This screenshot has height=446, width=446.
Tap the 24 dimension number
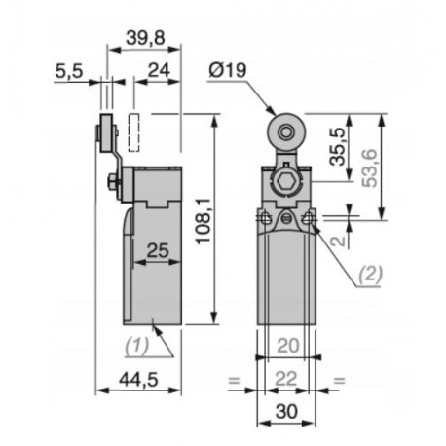click(160, 72)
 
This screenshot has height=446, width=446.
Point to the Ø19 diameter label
click(227, 71)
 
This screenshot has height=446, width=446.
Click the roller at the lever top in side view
click(104, 130)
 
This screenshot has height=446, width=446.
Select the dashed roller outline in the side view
click(134, 130)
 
